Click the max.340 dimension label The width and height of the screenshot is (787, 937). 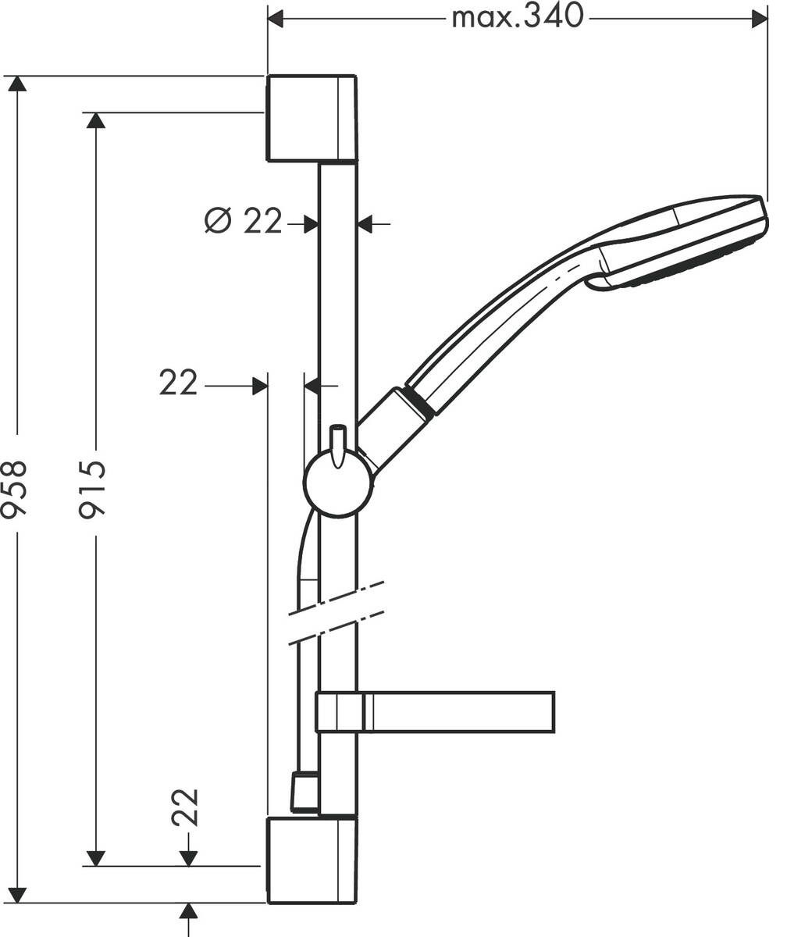(x=518, y=16)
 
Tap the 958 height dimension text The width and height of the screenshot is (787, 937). (x=15, y=490)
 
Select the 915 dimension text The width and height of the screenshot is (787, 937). (x=93, y=490)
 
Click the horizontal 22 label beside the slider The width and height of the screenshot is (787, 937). (x=178, y=383)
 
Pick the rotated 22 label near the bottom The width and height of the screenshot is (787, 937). (x=186, y=807)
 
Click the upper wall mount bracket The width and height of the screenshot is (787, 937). (x=312, y=119)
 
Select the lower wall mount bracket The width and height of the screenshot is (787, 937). (x=312, y=860)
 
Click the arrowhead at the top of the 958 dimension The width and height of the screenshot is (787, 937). (x=17, y=84)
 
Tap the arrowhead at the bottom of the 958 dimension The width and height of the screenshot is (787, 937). (x=17, y=895)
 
